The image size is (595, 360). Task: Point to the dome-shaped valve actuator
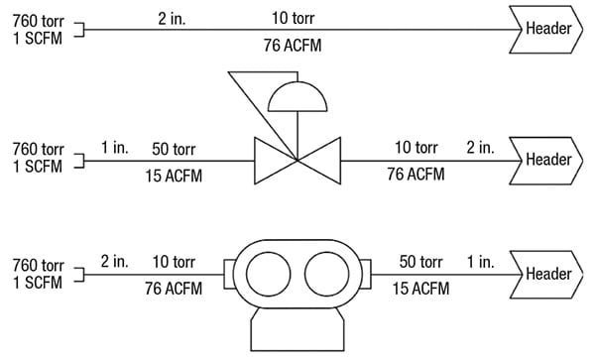[297, 97]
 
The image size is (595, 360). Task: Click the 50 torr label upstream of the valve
[174, 149]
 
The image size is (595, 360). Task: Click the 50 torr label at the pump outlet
[420, 263]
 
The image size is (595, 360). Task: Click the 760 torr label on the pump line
[38, 265]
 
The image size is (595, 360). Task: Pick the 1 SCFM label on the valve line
[38, 166]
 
